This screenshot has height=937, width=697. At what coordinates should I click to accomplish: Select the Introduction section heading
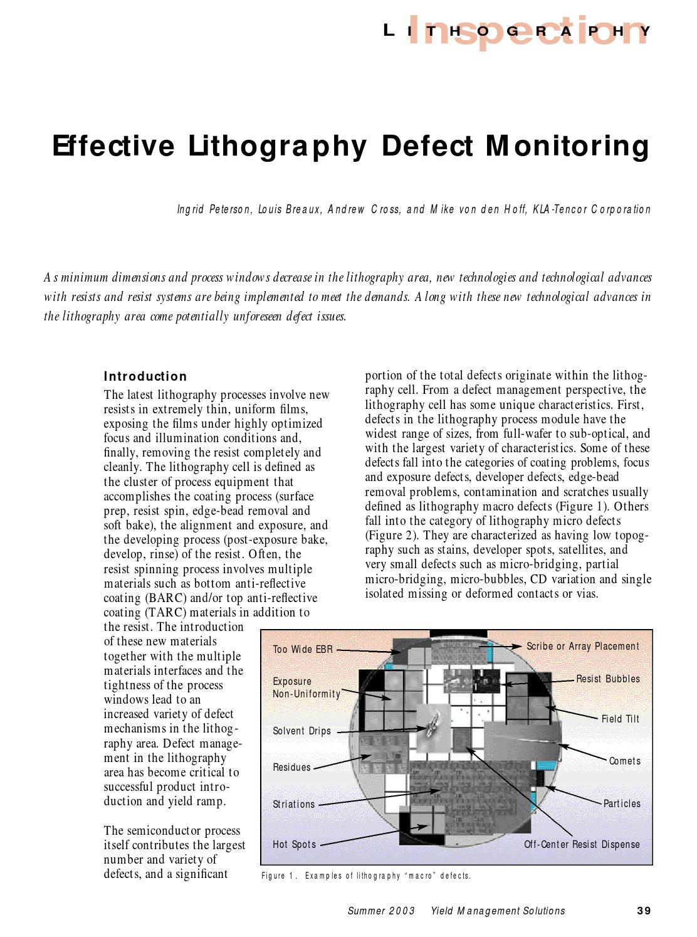(145, 376)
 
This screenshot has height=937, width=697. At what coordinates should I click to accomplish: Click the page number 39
(644, 911)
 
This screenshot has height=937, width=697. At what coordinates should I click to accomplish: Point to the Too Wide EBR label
(303, 649)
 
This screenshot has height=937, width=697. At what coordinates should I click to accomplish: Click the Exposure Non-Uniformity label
(306, 687)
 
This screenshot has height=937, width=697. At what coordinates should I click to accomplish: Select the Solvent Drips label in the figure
(301, 731)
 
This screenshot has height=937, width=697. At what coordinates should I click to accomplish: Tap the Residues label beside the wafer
(291, 767)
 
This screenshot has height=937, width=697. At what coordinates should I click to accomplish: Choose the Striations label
(294, 804)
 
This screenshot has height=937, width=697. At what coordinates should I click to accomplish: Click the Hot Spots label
(295, 844)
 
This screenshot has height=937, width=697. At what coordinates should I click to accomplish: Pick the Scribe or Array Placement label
(582, 646)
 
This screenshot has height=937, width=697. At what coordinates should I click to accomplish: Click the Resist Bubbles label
(607, 679)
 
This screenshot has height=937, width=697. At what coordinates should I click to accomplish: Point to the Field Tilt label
(620, 719)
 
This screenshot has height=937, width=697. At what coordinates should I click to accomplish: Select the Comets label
(624, 761)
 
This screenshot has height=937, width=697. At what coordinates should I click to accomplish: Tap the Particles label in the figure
(622, 803)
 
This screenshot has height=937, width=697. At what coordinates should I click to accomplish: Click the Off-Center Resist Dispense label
(582, 844)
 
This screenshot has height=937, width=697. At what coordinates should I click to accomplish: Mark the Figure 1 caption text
(365, 876)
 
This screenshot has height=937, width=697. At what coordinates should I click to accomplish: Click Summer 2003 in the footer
(381, 911)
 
